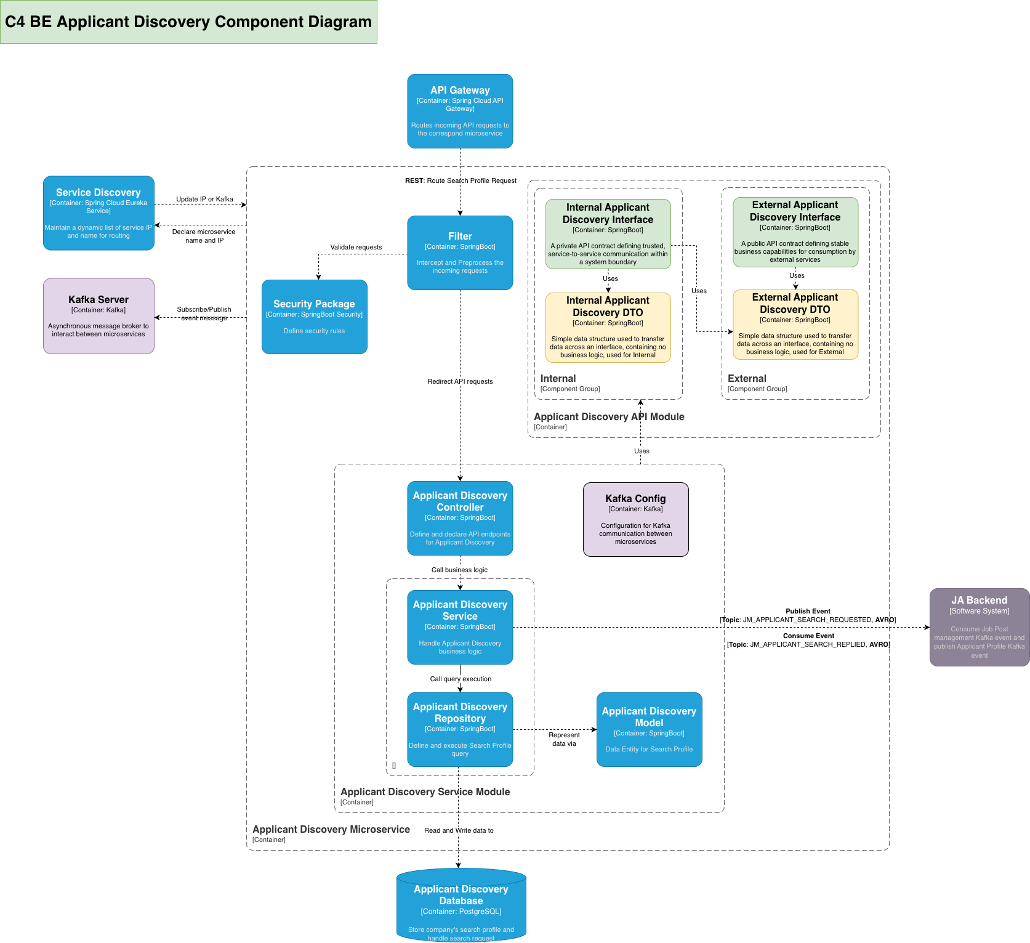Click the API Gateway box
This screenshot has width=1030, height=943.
460,111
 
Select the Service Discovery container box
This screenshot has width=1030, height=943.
99,213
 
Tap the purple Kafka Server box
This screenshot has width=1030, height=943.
99,316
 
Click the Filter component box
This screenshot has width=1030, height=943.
460,253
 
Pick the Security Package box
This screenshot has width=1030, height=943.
314,317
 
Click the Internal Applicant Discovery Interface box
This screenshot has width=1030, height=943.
608,233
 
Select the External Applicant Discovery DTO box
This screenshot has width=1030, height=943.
795,324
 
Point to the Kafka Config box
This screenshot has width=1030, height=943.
635,519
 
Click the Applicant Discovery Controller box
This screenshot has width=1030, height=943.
460,518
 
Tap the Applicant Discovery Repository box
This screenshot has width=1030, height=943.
460,729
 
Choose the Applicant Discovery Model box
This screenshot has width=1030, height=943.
649,729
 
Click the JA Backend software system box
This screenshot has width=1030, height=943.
979,627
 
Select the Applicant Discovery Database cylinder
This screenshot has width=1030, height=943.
461,905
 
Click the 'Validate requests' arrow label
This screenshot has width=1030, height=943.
356,247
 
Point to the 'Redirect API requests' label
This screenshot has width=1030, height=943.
460,381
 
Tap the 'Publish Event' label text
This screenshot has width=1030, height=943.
808,611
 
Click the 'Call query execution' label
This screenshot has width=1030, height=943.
461,679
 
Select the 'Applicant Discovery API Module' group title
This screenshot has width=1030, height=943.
609,416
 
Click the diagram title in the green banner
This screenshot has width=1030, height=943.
188,22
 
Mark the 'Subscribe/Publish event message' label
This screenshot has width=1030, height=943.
204,314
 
